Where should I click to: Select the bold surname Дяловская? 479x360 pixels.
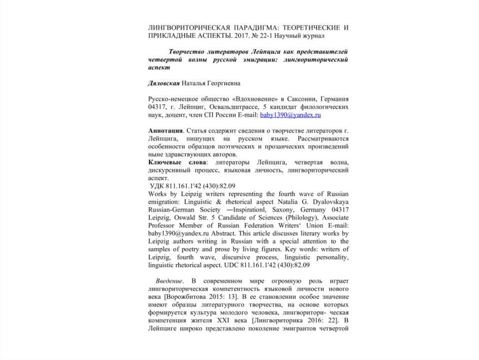tap(165, 83)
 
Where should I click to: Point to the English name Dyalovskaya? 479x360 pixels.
tap(331, 201)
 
